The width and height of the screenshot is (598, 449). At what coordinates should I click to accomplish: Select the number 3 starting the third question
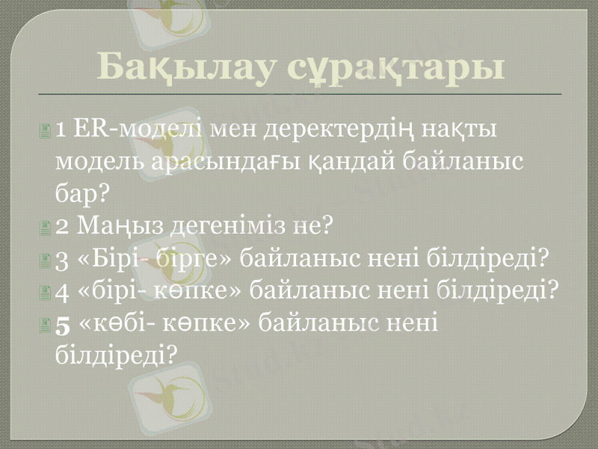(x=63, y=259)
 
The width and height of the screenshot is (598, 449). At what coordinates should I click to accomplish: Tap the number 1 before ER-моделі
(x=61, y=129)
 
